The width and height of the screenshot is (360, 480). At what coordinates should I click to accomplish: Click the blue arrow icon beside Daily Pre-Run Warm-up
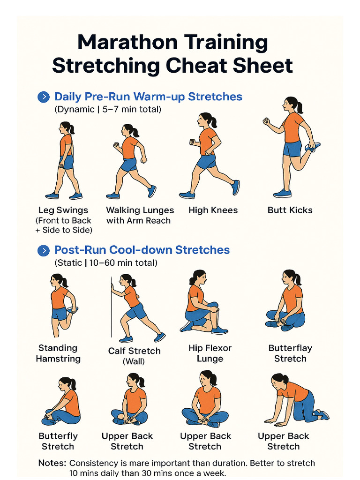tap(44, 97)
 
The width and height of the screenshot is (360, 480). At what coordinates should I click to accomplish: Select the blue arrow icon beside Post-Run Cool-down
tap(44, 251)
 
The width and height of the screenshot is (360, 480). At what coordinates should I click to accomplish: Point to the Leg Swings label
tap(63, 210)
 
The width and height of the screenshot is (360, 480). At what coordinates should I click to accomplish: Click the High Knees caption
tap(213, 210)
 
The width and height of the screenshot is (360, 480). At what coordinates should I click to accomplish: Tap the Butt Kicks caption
tap(290, 210)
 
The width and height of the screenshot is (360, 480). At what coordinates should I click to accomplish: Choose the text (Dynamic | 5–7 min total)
tap(108, 109)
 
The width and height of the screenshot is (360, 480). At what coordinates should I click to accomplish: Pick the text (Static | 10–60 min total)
tap(106, 262)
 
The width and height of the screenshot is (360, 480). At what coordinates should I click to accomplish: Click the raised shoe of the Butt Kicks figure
tap(313, 147)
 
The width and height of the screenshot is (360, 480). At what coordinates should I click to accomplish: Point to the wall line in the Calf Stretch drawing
tap(111, 307)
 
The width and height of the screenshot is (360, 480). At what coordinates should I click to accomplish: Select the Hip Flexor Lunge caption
tap(210, 353)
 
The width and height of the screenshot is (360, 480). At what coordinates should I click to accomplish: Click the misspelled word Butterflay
tap(290, 348)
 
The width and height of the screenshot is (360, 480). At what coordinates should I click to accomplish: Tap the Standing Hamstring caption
tap(58, 353)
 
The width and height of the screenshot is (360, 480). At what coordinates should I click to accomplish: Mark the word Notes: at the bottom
tap(52, 463)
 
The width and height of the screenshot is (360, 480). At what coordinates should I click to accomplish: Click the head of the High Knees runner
tap(206, 120)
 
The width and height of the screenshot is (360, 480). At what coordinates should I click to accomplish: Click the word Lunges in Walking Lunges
tap(157, 210)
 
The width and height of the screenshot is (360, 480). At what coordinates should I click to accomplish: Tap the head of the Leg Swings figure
tap(66, 128)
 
